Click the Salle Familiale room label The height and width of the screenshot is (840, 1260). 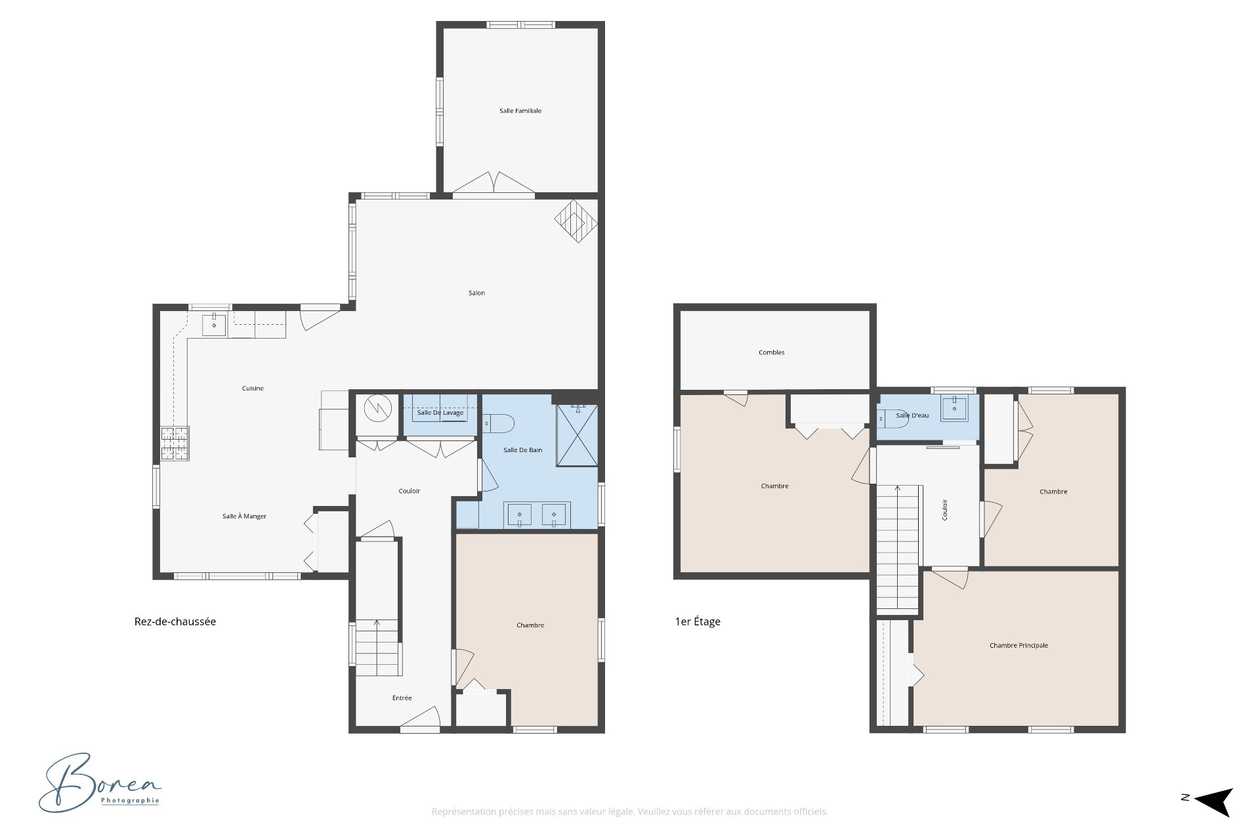[x=520, y=111]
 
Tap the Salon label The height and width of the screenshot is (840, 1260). [x=476, y=293]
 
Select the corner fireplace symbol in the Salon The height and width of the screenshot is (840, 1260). [x=576, y=221]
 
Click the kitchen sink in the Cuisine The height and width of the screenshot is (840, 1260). [x=214, y=324]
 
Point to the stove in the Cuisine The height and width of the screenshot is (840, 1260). [x=175, y=444]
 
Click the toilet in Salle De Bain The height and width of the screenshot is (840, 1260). [x=498, y=423]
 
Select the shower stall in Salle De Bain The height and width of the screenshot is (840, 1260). [x=577, y=436]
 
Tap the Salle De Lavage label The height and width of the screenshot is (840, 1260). [x=440, y=413]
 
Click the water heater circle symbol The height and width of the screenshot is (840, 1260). [x=377, y=408]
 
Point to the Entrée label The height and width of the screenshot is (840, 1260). [x=402, y=698]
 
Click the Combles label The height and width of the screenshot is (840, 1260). [x=772, y=352]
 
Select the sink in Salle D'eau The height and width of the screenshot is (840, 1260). [x=955, y=408]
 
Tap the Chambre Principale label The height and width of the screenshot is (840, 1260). [x=1018, y=646]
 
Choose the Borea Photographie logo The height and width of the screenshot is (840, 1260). [x=100, y=782]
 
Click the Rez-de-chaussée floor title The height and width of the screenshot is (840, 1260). [x=175, y=621]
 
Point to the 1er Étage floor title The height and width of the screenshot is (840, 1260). [x=698, y=621]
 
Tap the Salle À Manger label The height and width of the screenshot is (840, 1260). [x=244, y=516]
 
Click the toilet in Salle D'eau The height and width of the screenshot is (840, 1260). [x=892, y=418]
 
